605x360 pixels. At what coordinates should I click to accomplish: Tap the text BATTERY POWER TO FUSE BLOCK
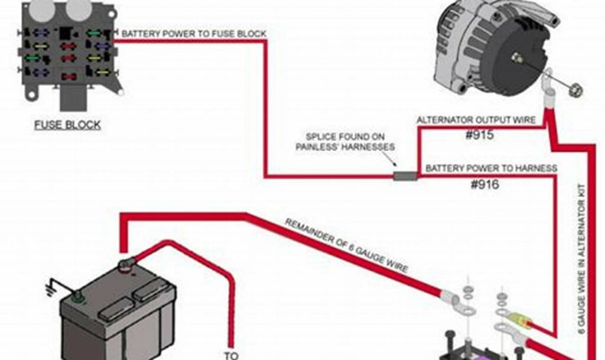click(x=194, y=34)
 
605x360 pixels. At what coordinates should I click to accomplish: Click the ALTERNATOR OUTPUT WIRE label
click(x=476, y=120)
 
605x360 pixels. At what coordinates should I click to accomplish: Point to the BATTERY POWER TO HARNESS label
click(x=490, y=168)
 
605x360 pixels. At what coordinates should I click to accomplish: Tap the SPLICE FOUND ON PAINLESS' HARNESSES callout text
click(x=346, y=141)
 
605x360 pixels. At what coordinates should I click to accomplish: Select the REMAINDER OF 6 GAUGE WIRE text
click(x=346, y=246)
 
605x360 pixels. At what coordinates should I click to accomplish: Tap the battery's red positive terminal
click(x=126, y=265)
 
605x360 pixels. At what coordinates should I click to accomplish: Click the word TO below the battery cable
click(x=231, y=355)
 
